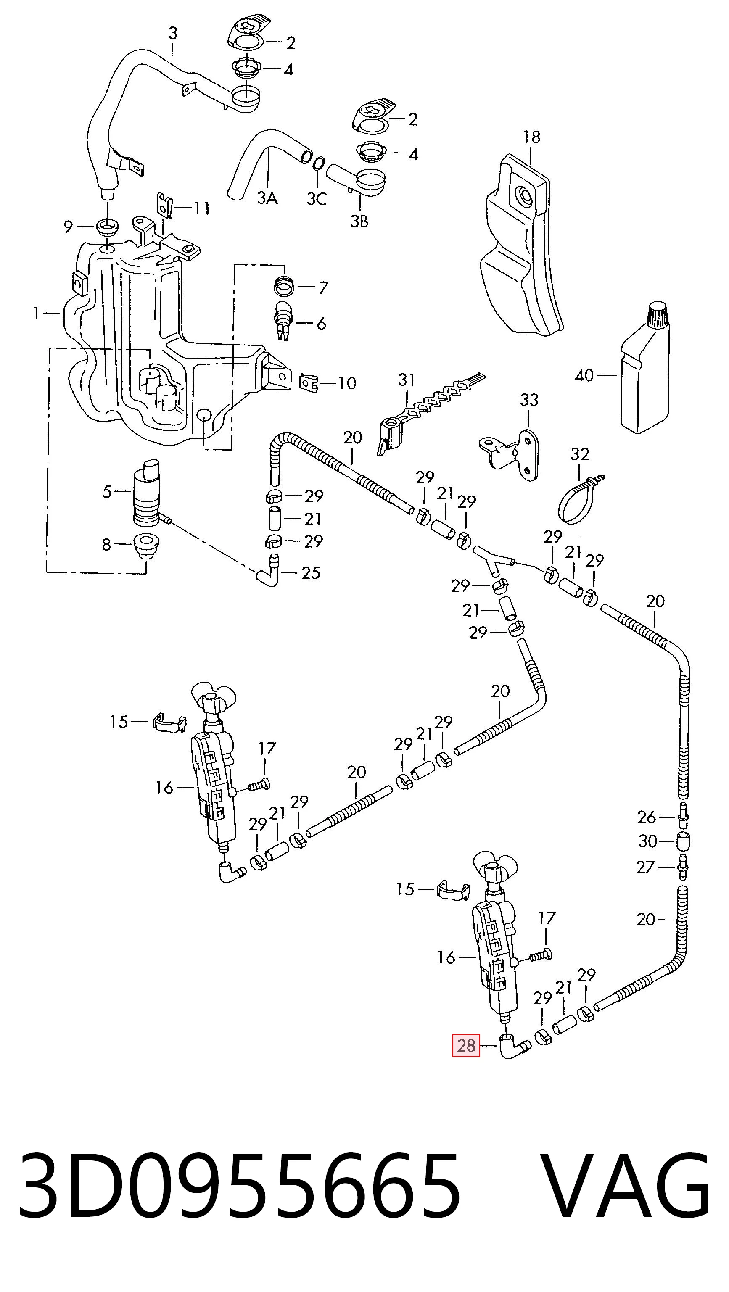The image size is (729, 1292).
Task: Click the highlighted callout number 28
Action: [x=466, y=1046]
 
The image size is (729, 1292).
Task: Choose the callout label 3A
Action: [x=267, y=199]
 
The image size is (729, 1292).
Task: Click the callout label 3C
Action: [x=317, y=199]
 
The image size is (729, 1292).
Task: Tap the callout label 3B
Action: [x=359, y=221]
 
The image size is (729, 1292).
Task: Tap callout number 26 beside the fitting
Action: [x=647, y=817]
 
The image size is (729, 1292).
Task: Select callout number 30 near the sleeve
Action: [x=648, y=841]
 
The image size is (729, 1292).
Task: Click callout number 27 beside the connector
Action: [x=645, y=867]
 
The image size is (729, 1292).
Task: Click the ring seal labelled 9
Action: [x=107, y=227]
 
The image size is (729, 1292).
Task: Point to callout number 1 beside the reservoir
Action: [x=36, y=314]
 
